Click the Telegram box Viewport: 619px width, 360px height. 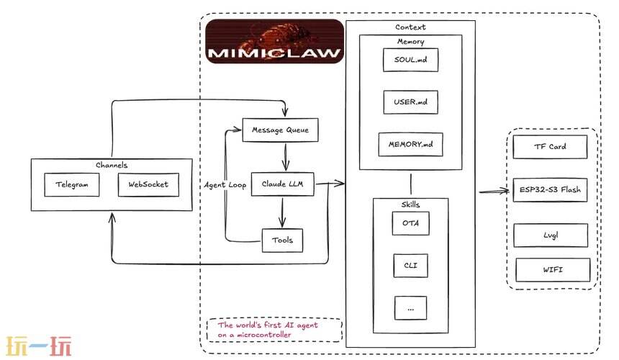(x=71, y=184)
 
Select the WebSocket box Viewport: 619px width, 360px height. (x=148, y=184)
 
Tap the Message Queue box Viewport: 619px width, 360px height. (x=279, y=130)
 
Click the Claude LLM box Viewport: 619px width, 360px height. (x=282, y=184)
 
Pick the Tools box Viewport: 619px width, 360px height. (x=282, y=240)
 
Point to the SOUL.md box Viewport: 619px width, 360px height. (x=410, y=58)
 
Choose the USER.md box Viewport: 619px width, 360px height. (x=410, y=102)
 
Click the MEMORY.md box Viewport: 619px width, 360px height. (x=411, y=144)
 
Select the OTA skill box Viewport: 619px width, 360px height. (x=410, y=223)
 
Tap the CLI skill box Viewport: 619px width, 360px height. (x=410, y=266)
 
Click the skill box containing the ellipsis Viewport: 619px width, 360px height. (x=410, y=307)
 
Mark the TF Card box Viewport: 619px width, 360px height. (x=550, y=146)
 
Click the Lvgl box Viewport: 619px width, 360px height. (x=550, y=235)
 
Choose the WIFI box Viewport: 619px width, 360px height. (x=552, y=269)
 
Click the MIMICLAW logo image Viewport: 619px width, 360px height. (x=274, y=42)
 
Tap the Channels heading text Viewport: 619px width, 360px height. (x=111, y=165)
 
